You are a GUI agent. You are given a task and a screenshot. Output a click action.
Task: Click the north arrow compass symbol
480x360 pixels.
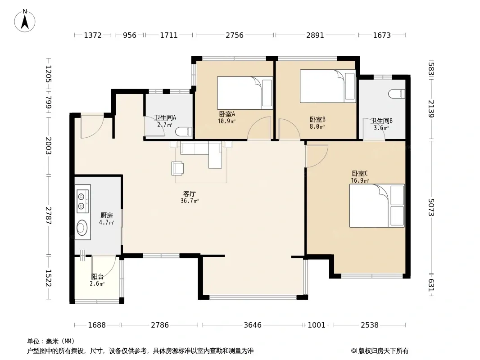[25, 21]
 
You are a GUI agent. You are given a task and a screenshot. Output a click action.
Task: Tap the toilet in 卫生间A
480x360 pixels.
[184, 131]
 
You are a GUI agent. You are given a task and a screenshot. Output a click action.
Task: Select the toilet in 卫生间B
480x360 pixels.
[397, 94]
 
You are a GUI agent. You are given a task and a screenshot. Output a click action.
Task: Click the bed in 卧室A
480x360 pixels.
[245, 93]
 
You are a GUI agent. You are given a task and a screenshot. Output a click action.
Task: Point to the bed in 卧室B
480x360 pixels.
[327, 86]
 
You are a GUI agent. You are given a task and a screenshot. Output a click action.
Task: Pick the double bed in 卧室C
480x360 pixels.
[377, 206]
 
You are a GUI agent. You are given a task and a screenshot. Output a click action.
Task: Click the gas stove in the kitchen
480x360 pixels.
[83, 199]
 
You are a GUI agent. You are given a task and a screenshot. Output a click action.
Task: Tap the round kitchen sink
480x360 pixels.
[82, 227]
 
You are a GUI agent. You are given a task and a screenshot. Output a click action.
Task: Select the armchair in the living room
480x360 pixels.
[177, 168]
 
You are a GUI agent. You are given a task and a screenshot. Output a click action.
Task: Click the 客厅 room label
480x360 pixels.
[190, 193]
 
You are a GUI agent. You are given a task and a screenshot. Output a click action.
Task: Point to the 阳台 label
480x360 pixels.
[97, 276]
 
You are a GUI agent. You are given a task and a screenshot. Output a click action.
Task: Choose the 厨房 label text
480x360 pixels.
[107, 216]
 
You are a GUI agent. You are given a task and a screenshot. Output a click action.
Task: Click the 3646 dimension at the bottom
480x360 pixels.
[253, 325]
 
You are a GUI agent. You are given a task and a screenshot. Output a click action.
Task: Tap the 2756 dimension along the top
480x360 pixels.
[235, 35]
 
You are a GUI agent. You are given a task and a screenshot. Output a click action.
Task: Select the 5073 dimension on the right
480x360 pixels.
[431, 207]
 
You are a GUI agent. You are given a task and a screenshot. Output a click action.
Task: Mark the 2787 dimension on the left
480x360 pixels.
[48, 216]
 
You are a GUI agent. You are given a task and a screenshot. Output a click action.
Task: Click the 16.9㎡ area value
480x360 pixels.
[360, 180]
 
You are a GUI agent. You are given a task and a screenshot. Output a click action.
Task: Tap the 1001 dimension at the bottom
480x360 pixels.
[317, 325]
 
